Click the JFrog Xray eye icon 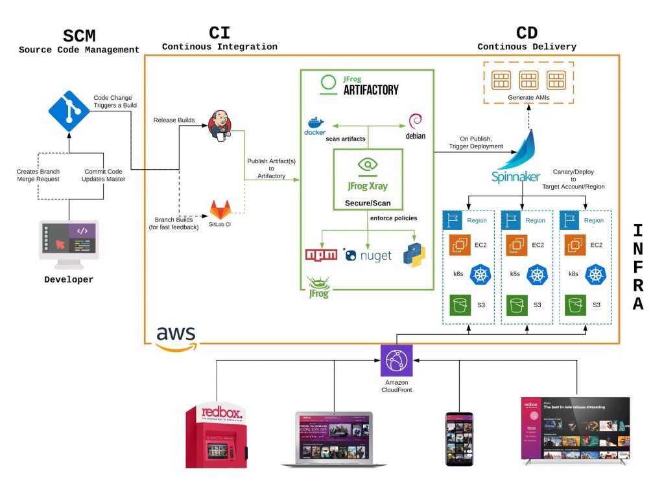point(368,166)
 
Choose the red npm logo point(322,254)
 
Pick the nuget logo point(368,255)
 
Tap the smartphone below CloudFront point(459,438)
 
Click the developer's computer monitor point(69,241)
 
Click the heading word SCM point(78,35)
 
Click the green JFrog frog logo point(318,287)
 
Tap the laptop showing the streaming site point(335,439)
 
